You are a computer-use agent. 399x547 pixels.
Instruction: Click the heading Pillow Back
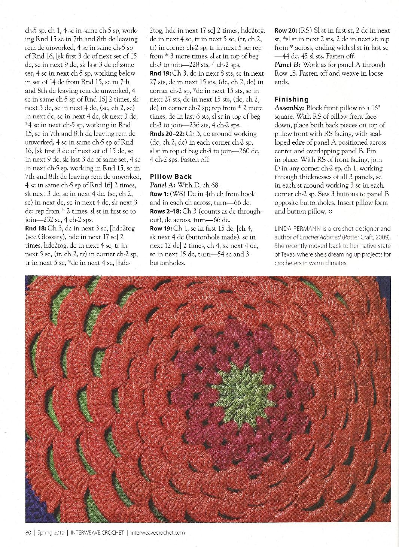point(171,176)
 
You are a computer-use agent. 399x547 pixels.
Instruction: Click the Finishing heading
point(292,99)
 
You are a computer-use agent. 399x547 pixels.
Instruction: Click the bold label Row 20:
point(286,30)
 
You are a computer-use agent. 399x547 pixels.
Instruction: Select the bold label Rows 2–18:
point(165,211)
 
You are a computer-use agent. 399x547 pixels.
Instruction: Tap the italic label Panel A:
point(161,185)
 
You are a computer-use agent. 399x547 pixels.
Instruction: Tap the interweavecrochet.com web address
point(158,532)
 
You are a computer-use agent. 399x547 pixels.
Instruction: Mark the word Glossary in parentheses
point(51,237)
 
